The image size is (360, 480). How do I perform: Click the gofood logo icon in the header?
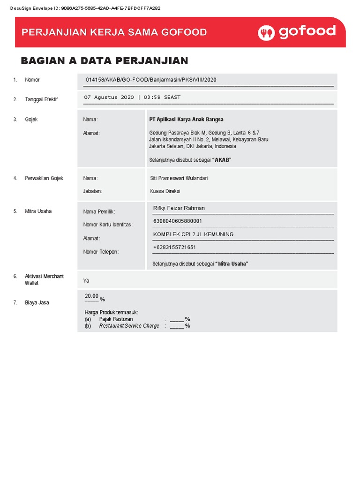pos(267,32)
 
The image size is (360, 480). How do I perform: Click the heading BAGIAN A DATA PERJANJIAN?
pos(105,60)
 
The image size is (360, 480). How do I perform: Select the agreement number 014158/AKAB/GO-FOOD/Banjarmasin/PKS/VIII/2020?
pos(151,80)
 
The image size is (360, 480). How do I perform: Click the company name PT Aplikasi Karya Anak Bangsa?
pos(186,120)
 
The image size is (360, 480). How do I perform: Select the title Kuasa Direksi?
pos(165,191)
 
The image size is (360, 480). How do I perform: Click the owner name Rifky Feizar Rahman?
pos(179,208)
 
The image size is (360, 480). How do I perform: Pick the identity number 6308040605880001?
pos(178,221)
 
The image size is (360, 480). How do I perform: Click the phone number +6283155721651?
pos(174,247)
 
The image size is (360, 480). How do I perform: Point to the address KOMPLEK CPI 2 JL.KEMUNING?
pos(193,234)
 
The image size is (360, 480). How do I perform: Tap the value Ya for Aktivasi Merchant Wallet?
pos(86,281)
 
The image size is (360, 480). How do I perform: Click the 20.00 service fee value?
pos(91,296)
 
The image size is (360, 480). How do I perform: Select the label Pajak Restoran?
pos(116,319)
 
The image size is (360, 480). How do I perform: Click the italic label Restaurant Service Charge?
pos(129,326)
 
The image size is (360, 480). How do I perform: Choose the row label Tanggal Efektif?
pos(41,99)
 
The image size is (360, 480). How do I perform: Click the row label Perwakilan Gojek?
pos(44,178)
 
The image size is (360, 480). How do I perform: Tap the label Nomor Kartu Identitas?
pos(108,225)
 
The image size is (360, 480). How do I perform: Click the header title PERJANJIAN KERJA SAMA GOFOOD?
pos(114,32)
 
